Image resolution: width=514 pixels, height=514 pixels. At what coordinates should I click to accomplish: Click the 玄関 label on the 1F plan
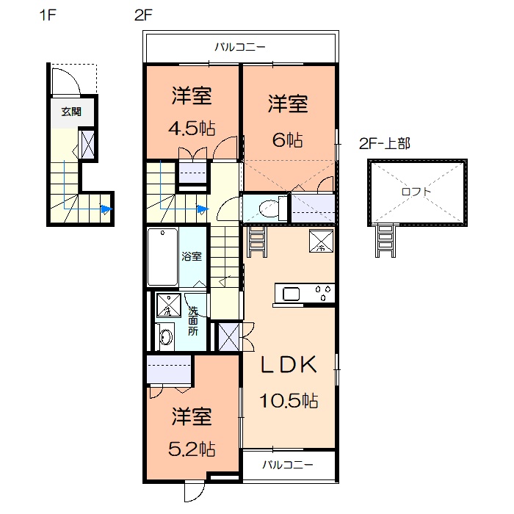click(71, 112)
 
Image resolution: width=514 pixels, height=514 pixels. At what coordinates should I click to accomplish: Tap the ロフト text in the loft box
click(416, 192)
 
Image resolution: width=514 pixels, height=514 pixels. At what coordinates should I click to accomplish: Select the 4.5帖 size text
click(192, 128)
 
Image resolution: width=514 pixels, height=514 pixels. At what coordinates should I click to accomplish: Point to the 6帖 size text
click(287, 140)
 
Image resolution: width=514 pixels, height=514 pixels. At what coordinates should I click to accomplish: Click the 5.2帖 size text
click(192, 448)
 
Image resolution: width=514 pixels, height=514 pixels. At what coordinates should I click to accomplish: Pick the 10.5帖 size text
click(288, 401)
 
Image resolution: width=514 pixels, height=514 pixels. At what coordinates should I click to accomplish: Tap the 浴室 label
click(192, 257)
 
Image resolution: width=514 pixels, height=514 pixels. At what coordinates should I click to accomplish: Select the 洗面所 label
click(192, 321)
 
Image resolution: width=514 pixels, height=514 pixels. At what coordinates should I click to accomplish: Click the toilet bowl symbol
click(269, 208)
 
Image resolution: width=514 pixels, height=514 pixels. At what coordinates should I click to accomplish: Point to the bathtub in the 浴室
click(162, 258)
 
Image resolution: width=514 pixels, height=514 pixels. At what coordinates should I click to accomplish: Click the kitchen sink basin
click(292, 295)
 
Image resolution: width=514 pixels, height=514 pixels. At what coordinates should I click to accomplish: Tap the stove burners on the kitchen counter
click(322, 294)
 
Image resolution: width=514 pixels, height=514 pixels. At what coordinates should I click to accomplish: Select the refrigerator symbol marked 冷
click(321, 241)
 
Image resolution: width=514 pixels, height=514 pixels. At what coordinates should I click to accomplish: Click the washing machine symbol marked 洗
click(168, 305)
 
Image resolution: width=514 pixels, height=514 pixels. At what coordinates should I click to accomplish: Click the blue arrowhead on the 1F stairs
click(106, 210)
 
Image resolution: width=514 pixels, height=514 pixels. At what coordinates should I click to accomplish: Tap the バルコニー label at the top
click(240, 48)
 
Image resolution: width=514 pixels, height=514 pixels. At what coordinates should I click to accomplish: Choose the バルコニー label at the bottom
click(288, 466)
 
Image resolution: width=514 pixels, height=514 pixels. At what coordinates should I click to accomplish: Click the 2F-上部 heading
click(384, 144)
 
